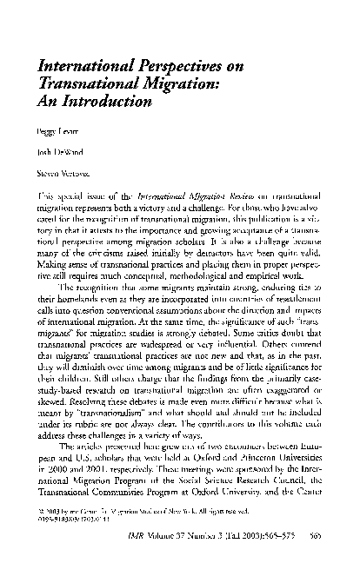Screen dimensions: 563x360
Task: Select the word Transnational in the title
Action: coord(79,83)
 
